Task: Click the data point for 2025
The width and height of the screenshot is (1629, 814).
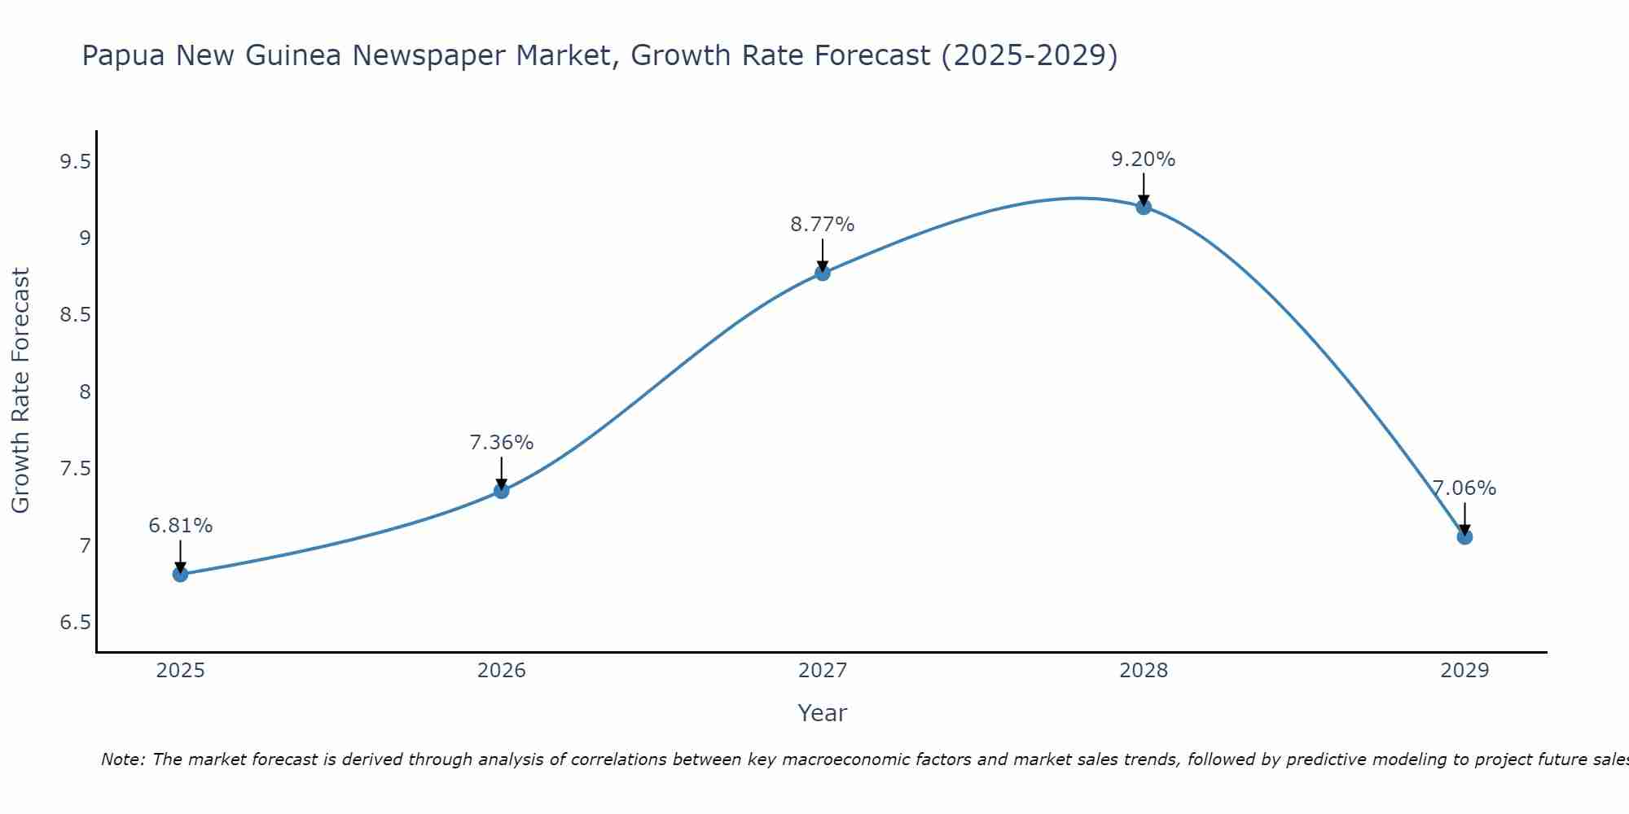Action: (x=180, y=574)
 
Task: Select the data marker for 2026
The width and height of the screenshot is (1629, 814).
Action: (x=501, y=490)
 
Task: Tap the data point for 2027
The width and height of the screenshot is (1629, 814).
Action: (x=823, y=273)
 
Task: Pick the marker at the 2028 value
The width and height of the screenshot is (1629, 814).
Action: (x=1144, y=207)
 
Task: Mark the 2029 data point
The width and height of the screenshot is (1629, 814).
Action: (x=1464, y=536)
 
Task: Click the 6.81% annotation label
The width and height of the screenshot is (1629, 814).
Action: (x=180, y=526)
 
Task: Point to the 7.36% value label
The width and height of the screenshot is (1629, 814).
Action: (x=501, y=443)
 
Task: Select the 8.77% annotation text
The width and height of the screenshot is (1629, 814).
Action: (x=823, y=225)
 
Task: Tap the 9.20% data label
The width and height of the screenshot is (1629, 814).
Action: (x=1144, y=160)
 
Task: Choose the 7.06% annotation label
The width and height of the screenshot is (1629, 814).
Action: (x=1464, y=488)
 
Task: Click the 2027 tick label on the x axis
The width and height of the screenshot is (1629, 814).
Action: (x=823, y=671)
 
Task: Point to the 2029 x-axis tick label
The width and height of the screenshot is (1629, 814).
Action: (x=1464, y=671)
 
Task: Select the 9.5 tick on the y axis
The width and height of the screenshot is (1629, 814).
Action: (x=75, y=162)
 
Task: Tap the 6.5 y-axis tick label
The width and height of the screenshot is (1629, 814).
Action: (x=75, y=623)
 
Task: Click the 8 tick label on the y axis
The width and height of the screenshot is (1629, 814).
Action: (x=84, y=392)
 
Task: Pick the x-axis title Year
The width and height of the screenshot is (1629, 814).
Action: (x=823, y=713)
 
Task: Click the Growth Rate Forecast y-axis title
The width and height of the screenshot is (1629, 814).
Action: (x=21, y=391)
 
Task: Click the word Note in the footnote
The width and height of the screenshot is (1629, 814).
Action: (x=122, y=759)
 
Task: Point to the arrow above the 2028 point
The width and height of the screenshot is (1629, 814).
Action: (x=1144, y=189)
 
